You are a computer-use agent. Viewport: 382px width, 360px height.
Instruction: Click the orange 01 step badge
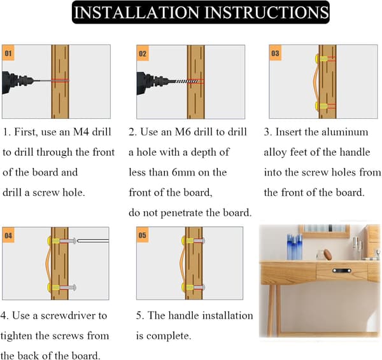click(8, 53)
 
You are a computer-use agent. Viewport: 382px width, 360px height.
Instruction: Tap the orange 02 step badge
click(143, 53)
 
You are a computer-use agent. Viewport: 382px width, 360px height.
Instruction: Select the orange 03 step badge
click(275, 53)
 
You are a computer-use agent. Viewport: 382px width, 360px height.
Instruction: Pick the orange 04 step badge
click(8, 235)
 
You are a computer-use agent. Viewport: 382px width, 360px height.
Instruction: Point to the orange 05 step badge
click(143, 235)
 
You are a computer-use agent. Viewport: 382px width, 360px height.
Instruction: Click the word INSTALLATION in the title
click(136, 12)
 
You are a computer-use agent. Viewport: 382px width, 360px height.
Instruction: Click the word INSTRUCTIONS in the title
click(267, 12)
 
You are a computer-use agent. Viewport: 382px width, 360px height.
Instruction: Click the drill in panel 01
click(18, 81)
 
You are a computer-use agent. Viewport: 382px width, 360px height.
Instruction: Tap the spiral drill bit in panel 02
click(188, 81)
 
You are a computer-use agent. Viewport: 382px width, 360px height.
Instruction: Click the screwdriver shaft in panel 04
click(93, 240)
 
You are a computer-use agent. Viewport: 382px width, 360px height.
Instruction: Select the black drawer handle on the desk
click(342, 270)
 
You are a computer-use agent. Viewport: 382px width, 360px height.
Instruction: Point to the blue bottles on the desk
click(294, 247)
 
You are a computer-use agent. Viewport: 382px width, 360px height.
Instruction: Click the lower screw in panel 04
click(67, 287)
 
